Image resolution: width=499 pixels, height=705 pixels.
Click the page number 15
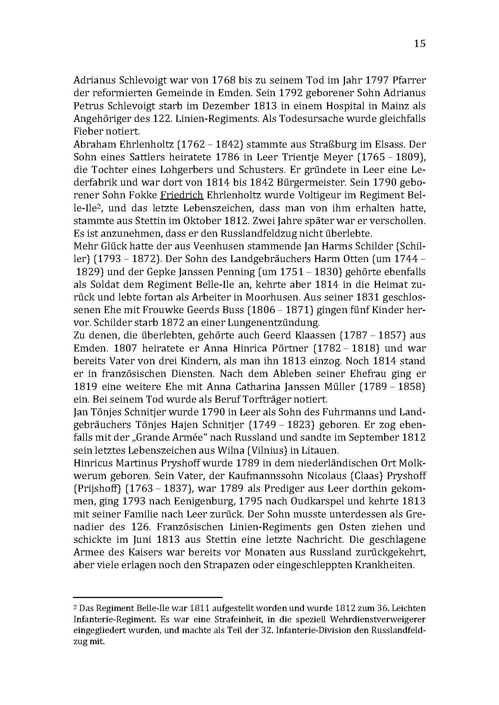pos(419,44)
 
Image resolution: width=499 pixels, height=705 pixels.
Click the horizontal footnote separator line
pos(148,597)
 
